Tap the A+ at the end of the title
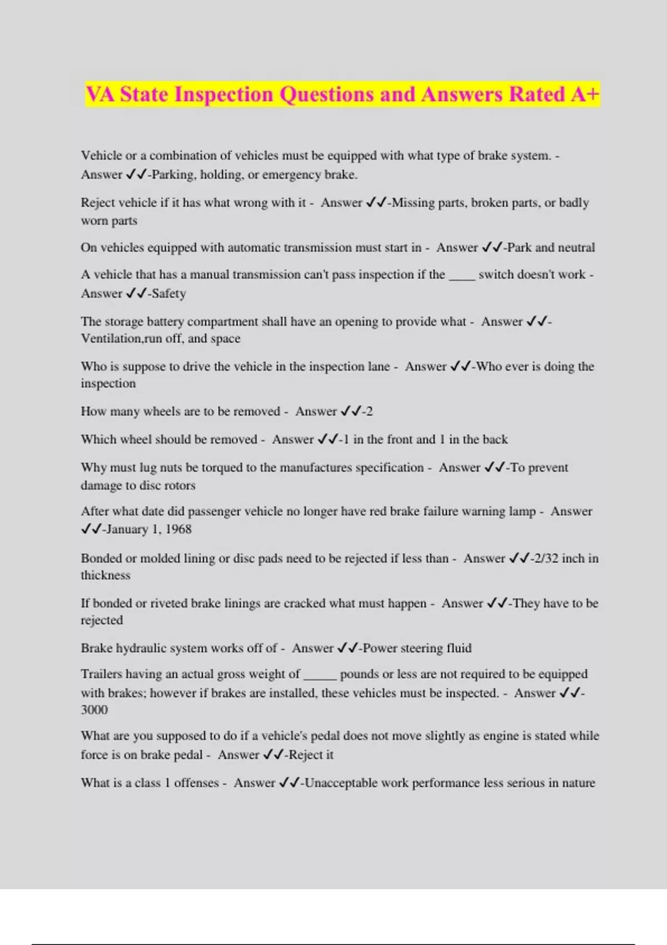point(585,94)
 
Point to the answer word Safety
point(169,294)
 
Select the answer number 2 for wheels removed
point(369,411)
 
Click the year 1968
point(178,529)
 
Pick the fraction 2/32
point(545,558)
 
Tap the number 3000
point(94,710)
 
